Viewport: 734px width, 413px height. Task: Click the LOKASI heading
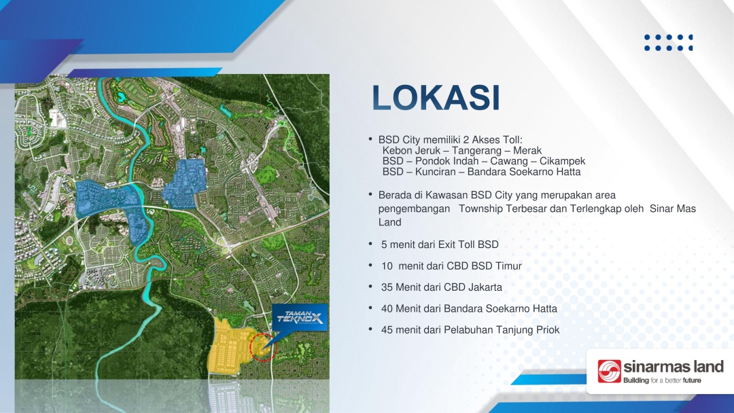click(x=436, y=98)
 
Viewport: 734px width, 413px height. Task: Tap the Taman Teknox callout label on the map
click(x=300, y=318)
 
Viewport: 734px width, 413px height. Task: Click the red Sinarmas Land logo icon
click(x=609, y=372)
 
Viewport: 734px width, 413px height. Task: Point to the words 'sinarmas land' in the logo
click(x=673, y=367)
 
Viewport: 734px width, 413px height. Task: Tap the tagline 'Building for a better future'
click(x=662, y=380)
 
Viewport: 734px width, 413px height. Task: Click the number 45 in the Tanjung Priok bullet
click(x=387, y=330)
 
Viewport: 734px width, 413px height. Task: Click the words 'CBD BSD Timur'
click(x=484, y=266)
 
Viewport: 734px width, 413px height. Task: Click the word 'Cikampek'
click(x=562, y=162)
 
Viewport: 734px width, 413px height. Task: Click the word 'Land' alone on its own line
click(x=390, y=222)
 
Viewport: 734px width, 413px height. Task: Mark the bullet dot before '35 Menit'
click(x=370, y=286)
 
